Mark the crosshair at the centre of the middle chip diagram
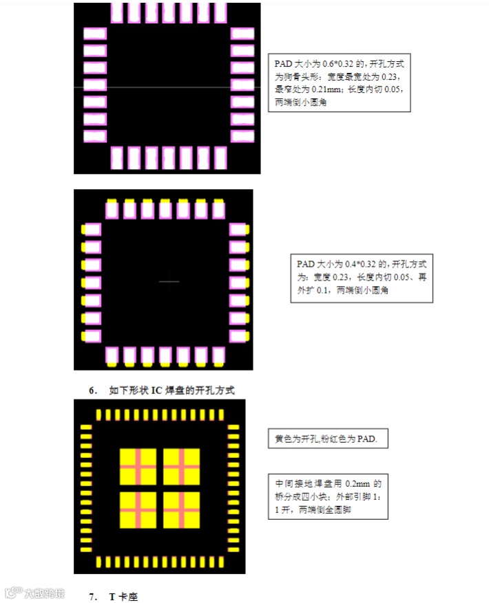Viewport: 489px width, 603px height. pos(169,281)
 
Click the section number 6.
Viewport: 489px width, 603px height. pos(93,391)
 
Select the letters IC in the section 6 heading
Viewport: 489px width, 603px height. pos(156,391)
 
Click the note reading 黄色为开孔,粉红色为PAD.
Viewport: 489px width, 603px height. pos(327,439)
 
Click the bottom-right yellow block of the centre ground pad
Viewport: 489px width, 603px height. pos(181,509)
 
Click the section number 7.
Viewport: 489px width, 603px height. pos(93,596)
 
